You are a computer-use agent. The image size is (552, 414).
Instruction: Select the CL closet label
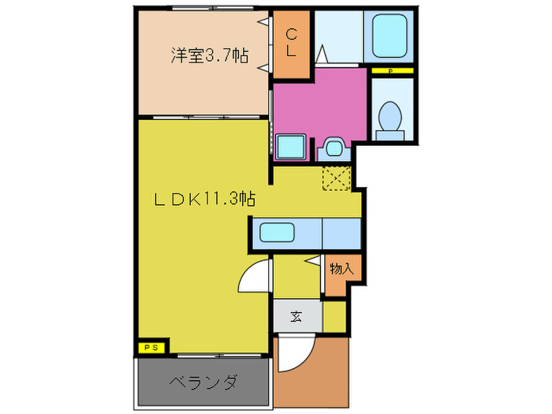coord(291,43)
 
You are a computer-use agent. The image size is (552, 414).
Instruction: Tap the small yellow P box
coord(391,72)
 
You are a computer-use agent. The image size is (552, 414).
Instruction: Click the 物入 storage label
coord(341,270)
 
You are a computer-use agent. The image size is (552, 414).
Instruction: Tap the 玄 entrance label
coord(297,317)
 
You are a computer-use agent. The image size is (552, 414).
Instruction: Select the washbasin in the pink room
coord(331,147)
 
